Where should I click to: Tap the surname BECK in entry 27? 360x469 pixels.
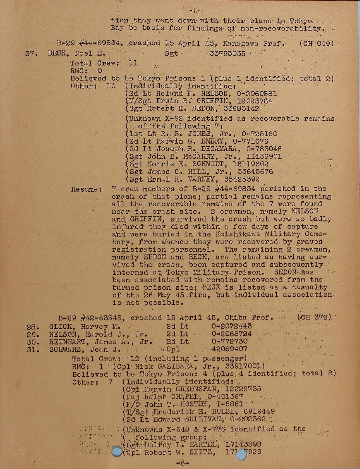pos(58,53)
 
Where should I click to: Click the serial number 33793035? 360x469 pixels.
pos(227,53)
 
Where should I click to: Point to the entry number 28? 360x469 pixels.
pos(33,327)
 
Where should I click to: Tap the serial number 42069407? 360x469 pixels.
pos(229,349)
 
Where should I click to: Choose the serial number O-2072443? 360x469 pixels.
pos(232,326)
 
